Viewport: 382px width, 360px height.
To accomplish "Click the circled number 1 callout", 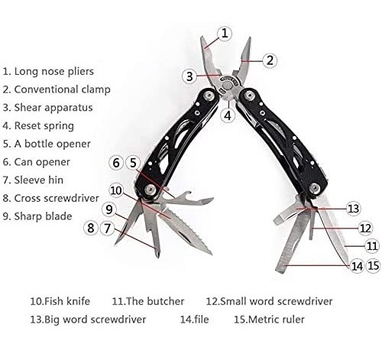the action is click(225, 34).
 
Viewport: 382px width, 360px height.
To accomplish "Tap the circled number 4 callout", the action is click(228, 115).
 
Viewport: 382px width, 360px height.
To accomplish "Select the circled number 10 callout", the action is click(116, 190).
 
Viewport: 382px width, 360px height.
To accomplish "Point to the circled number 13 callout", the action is click(353, 209).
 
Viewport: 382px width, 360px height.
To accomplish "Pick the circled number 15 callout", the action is click(374, 266).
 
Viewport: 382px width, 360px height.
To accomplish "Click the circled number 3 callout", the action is click(189, 76).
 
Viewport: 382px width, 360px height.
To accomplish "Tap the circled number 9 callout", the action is click(109, 209).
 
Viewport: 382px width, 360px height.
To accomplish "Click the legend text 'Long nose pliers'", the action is click(54, 71).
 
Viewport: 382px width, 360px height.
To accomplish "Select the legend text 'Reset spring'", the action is click(44, 125).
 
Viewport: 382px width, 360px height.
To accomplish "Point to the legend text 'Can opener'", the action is click(42, 162).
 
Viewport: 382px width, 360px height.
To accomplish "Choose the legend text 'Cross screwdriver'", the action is click(57, 198).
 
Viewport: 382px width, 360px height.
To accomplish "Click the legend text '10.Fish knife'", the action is click(60, 301).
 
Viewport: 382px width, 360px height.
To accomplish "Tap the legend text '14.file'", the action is click(195, 319).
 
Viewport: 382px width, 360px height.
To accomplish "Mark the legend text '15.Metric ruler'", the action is click(269, 319).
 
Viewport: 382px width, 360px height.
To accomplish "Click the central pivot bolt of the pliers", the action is click(227, 85).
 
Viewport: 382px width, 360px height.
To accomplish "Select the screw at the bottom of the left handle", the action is click(151, 190).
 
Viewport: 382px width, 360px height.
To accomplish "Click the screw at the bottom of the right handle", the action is click(314, 188).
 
